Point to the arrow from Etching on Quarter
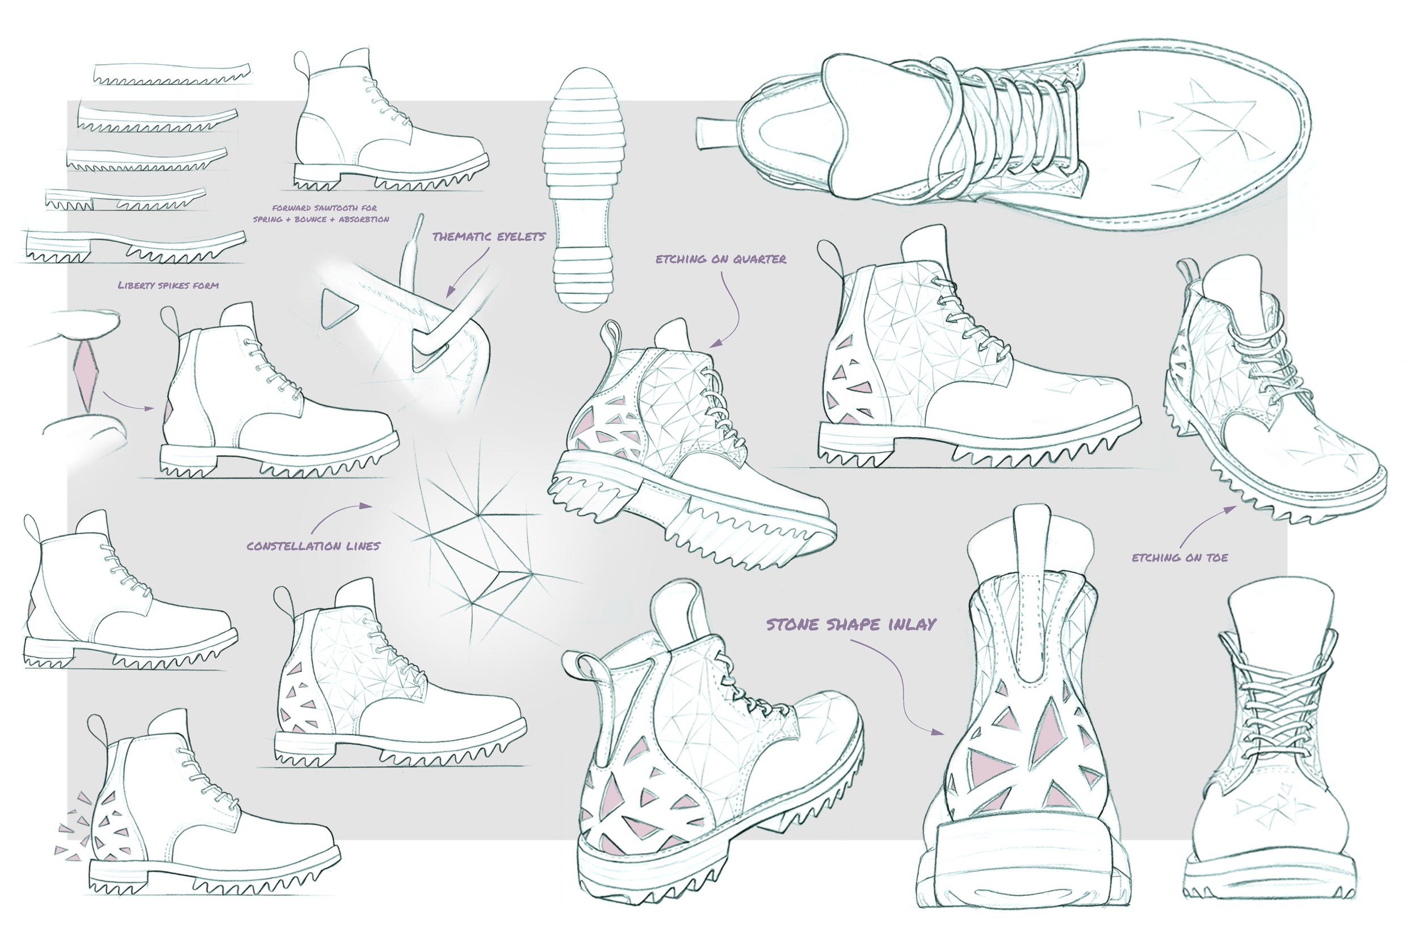click(731, 312)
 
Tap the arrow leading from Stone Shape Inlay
click(898, 689)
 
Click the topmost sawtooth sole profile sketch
click(173, 73)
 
